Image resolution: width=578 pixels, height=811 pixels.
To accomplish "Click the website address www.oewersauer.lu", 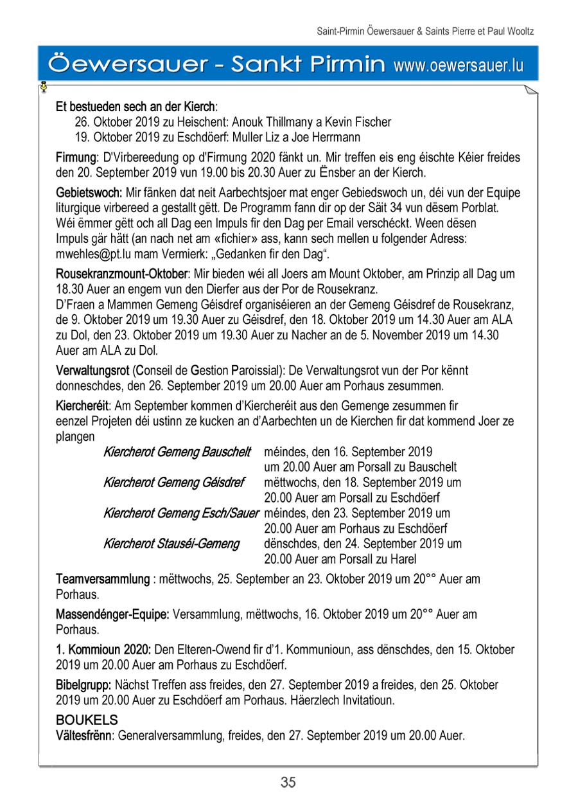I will [x=459, y=65].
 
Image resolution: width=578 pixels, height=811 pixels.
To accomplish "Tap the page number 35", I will [x=288, y=782].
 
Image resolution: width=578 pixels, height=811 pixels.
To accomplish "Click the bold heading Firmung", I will [x=76, y=157].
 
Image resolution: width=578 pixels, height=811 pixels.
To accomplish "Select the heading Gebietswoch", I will [x=89, y=193].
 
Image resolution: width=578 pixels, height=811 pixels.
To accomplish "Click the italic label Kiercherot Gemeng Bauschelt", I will [x=177, y=452].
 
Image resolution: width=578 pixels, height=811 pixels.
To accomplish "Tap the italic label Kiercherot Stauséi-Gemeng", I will [x=171, y=544].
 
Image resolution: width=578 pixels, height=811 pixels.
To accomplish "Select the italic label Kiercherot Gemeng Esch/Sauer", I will [x=181, y=513].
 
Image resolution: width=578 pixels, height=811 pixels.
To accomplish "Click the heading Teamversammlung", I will [x=102, y=579].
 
